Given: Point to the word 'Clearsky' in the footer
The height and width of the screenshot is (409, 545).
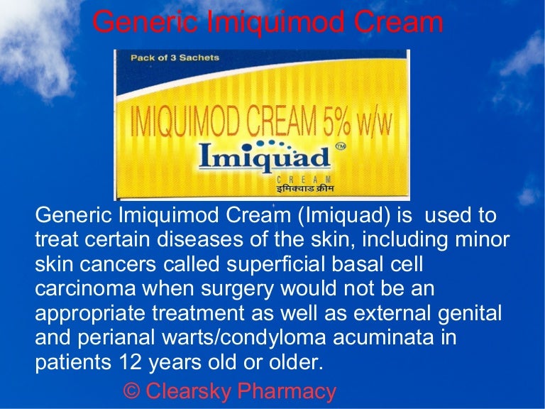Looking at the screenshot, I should pos(192,391).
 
